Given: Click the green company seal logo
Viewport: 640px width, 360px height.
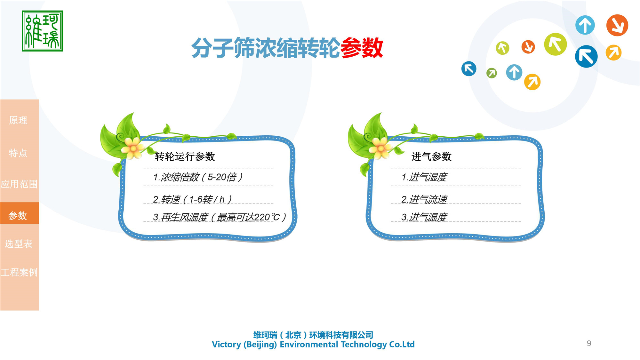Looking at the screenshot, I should coord(42,31).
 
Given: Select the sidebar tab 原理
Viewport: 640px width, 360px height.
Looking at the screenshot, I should coord(18,120).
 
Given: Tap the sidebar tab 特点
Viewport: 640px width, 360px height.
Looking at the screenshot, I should coord(18,153).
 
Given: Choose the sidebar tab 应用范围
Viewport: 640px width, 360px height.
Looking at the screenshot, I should coord(19,184).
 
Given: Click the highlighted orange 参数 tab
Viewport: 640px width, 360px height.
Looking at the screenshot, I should coord(18,215).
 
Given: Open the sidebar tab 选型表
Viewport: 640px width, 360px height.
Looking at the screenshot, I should coord(19,244).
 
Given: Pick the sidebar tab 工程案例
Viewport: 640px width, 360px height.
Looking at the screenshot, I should coord(19,272).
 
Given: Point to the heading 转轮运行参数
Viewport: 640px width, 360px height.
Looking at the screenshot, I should coord(185,156).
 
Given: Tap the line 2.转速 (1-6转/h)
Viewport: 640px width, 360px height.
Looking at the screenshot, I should coord(192,199).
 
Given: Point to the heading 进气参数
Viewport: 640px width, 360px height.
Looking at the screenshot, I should coord(431,156).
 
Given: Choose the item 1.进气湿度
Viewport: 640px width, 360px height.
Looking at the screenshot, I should coord(424,177).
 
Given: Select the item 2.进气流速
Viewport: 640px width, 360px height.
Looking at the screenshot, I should coord(424,199).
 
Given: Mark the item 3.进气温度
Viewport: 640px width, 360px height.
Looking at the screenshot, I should coord(424,217).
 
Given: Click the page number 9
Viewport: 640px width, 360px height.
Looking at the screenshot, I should coord(589,343).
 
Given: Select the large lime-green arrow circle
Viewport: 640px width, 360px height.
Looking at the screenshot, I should coord(555,44).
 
